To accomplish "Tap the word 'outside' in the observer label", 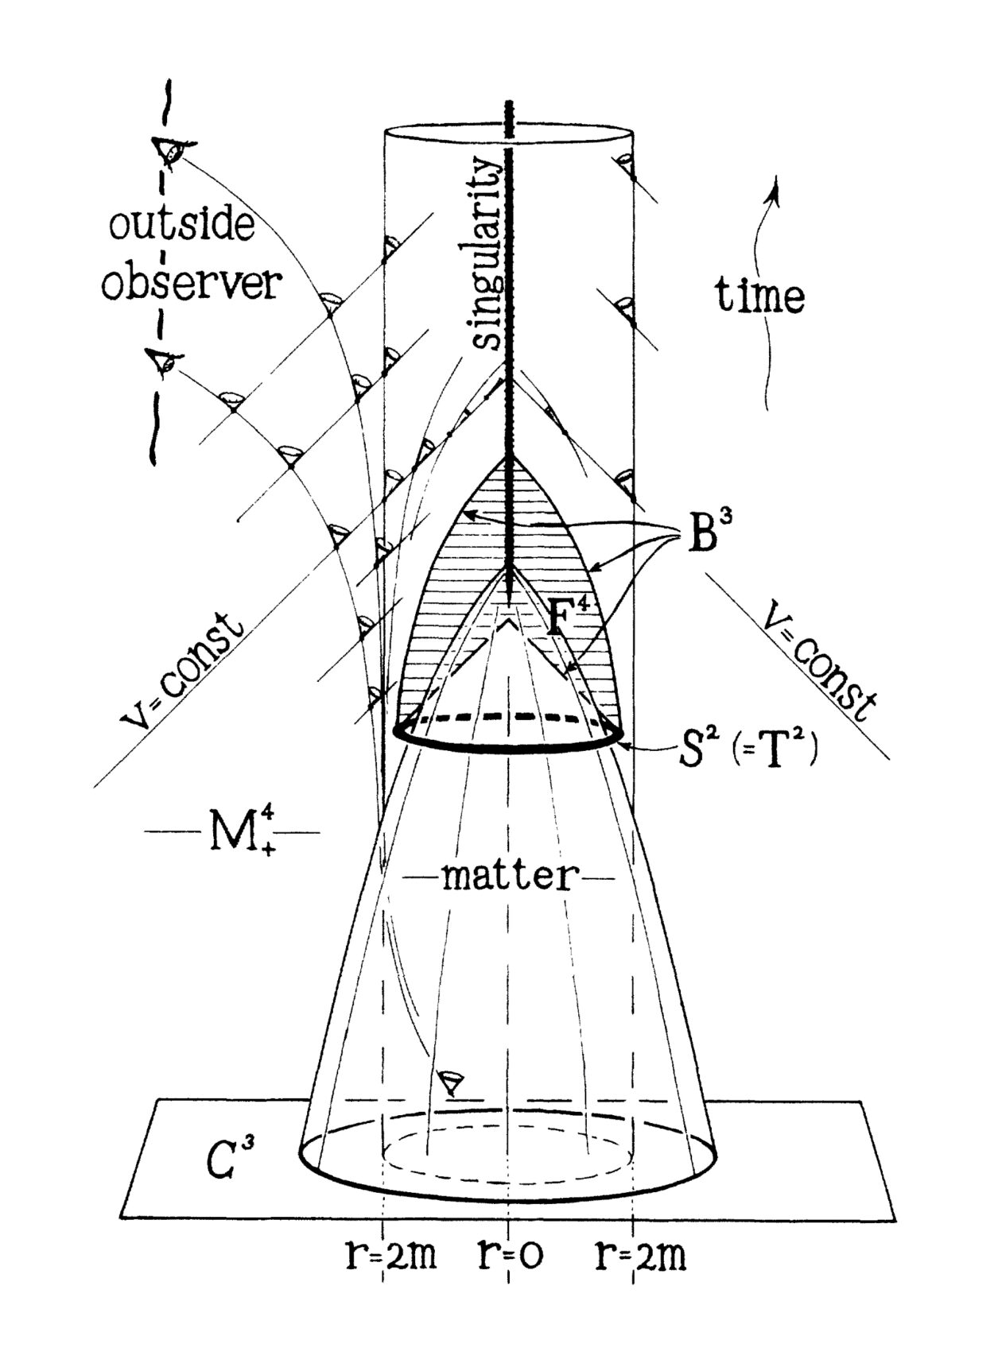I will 182,226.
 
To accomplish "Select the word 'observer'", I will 192,283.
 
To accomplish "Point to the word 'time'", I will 759,296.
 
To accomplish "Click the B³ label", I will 708,535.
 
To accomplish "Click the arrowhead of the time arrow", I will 775,184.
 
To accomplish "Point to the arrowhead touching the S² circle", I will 627,745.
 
